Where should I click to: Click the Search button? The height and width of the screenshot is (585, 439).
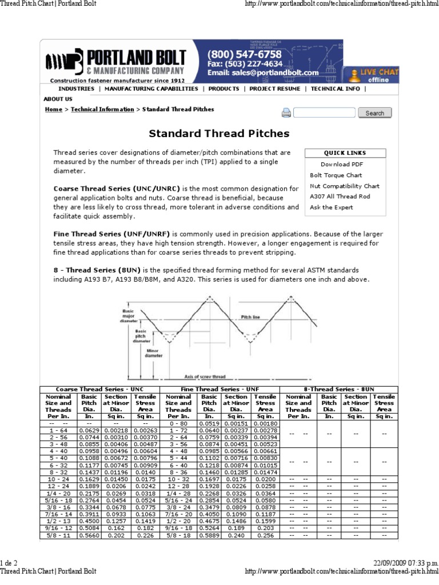374,113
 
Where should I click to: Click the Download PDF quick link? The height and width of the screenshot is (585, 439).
342,165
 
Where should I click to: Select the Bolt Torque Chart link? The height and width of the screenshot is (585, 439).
336,175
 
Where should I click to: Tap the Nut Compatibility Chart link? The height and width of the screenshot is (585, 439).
344,186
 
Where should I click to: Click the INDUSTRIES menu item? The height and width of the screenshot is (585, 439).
76,89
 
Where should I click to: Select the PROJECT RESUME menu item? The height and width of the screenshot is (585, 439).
274,89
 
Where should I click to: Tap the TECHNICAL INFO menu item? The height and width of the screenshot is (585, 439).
336,89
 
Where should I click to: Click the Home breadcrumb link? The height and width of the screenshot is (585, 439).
53,109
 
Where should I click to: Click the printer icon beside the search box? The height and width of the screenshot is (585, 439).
286,113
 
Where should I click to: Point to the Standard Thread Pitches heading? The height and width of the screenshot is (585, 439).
219,134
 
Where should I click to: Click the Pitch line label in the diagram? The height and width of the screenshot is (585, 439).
250,316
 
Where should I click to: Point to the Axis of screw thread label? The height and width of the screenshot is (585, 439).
205,377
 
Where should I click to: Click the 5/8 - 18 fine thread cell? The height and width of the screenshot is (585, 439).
178,535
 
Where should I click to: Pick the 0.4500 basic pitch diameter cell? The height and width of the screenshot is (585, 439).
88,522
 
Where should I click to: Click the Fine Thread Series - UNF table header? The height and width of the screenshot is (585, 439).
219,389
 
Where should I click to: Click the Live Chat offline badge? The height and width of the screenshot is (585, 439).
374,75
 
